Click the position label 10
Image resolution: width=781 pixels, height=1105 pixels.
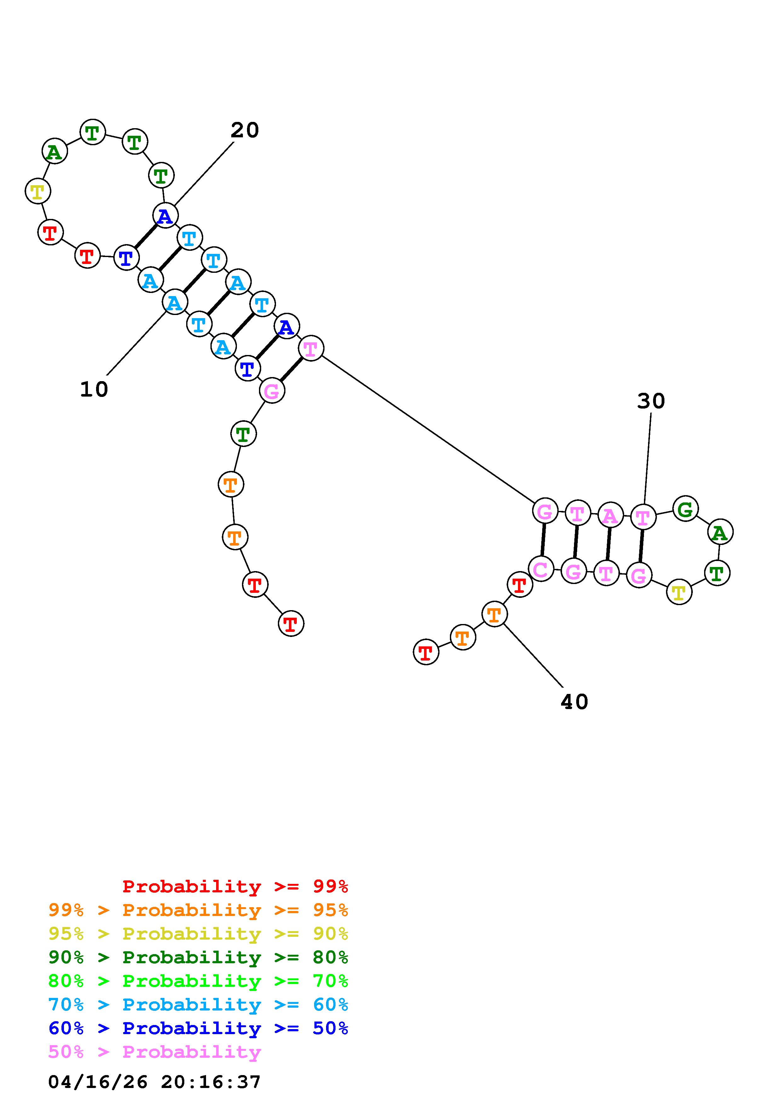click(x=94, y=389)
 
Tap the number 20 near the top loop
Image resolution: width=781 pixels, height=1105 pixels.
click(x=244, y=130)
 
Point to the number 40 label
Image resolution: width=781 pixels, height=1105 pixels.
click(x=574, y=702)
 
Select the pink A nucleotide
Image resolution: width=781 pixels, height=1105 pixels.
click(x=610, y=516)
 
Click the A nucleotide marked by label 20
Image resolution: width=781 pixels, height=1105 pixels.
click(x=165, y=216)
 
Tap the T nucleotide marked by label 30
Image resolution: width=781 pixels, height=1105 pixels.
click(x=643, y=517)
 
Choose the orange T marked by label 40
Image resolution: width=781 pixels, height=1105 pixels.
click(x=494, y=615)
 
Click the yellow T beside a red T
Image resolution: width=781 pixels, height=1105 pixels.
click(x=37, y=192)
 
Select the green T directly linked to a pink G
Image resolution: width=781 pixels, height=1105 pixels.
click(x=244, y=434)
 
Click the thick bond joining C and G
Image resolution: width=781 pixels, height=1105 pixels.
click(x=543, y=540)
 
